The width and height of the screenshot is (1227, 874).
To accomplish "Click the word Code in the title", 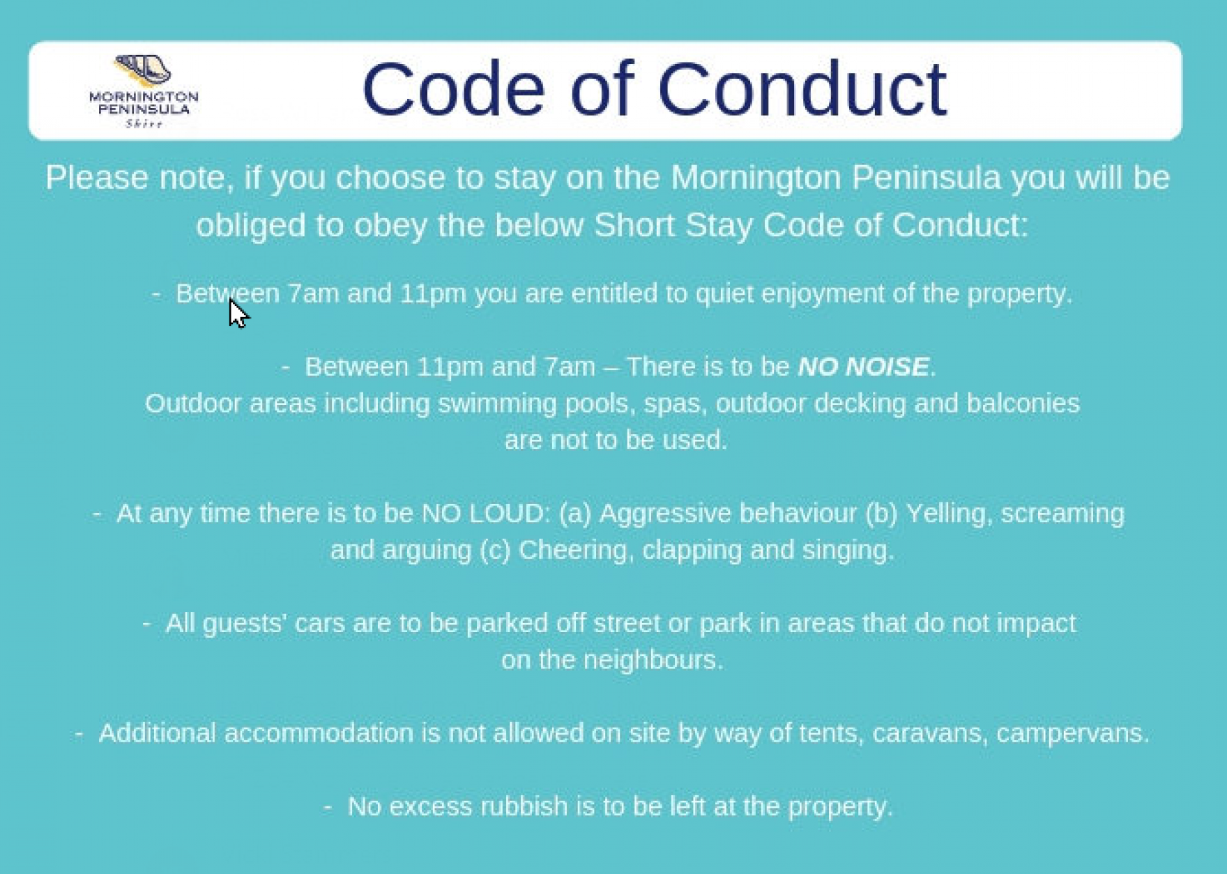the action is coord(454,89).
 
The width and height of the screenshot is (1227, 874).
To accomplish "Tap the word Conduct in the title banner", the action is coord(802,89).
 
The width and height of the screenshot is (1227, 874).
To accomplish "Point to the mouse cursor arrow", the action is coord(238,313).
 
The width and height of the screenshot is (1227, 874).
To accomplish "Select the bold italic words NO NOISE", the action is coord(863,367).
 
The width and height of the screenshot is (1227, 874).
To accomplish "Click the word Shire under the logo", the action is coord(144,124).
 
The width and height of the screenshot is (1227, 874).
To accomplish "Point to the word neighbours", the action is coord(653,659).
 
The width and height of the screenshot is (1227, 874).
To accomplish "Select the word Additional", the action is coord(158,733).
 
